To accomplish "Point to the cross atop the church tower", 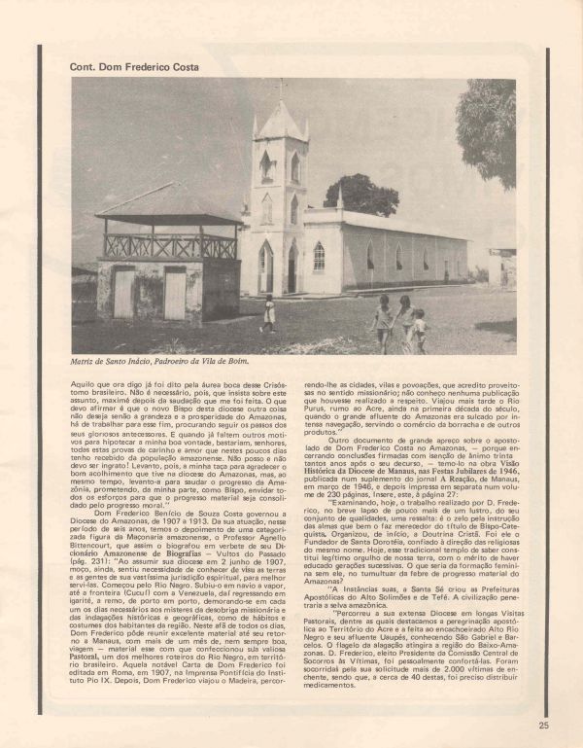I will pyautogui.click(x=281, y=89).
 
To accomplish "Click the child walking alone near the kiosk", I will pyautogui.click(x=268, y=312).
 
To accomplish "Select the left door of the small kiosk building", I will pyautogui.click(x=124, y=292).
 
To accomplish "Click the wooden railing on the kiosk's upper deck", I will pyautogui.click(x=169, y=246).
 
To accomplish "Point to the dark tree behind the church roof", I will pyautogui.click(x=361, y=194).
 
